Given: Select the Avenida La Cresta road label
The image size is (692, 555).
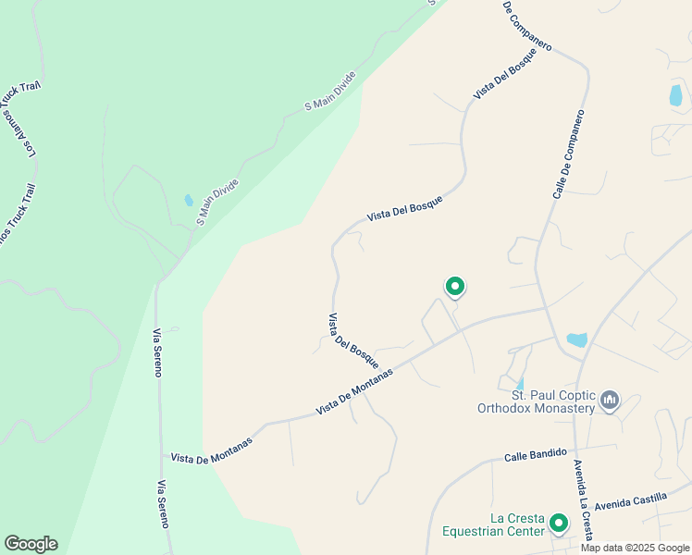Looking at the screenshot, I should [x=581, y=485].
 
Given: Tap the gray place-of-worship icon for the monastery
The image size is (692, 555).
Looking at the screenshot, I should [x=609, y=400].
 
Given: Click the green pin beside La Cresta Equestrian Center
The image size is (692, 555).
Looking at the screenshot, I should [x=559, y=524].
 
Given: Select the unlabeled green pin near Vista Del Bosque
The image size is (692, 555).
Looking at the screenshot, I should [x=454, y=287].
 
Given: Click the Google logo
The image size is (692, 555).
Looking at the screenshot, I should [x=31, y=544].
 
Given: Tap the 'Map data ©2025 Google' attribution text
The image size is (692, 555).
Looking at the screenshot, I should [x=635, y=548].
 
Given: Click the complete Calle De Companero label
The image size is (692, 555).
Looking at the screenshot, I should [x=570, y=154].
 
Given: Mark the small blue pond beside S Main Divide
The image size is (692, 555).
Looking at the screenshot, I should [x=189, y=200].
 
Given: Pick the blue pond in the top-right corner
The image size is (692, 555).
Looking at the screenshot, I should [x=675, y=94].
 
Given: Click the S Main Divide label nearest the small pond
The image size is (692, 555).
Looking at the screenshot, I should [x=218, y=202].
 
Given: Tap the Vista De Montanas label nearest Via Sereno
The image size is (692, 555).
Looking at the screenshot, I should [x=211, y=449].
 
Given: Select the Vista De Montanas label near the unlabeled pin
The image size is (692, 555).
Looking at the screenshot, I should [x=354, y=391].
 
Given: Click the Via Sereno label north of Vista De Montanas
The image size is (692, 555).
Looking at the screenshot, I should [x=158, y=352].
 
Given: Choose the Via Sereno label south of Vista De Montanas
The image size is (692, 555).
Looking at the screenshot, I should [x=164, y=504].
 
